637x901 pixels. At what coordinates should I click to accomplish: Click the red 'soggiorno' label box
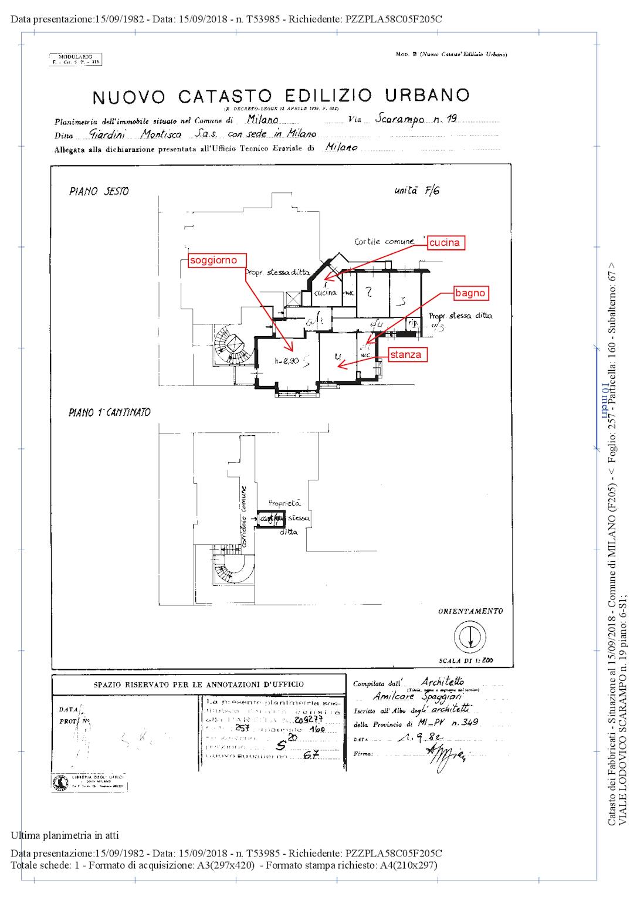[214, 260]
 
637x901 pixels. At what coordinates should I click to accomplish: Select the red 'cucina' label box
[445, 243]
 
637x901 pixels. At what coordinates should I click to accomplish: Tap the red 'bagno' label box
[471, 293]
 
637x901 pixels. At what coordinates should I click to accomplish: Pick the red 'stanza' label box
[405, 354]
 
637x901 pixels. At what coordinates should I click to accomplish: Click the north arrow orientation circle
[470, 635]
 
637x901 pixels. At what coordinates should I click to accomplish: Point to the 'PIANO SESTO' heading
[99, 191]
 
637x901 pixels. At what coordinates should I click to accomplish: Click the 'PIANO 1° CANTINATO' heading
[110, 412]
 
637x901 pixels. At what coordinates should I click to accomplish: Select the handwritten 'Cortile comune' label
[384, 241]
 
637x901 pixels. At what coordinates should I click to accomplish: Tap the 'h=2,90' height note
[287, 361]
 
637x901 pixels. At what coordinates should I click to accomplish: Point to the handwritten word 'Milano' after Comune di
[262, 119]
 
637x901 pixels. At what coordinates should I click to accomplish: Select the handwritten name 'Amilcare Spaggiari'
[418, 696]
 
